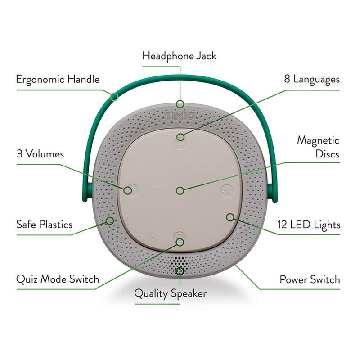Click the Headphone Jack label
tap(179, 56)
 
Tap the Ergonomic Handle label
tap(58, 80)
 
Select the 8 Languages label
tap(311, 79)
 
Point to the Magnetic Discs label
tap(318, 147)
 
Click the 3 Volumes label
tap(40, 154)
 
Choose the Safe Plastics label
tap(44, 224)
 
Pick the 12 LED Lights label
tap(308, 224)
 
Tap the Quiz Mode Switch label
tap(57, 279)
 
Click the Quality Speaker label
tap(171, 293)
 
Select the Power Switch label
tap(310, 279)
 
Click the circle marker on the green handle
tap(114, 95)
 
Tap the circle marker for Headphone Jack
tap(180, 104)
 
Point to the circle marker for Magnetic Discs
tap(180, 190)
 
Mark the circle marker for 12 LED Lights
tap(230, 217)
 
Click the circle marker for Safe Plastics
tap(109, 220)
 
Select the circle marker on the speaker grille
tap(180, 271)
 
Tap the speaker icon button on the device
tap(226, 191)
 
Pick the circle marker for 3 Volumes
tap(128, 190)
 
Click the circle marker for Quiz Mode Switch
tap(180, 242)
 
